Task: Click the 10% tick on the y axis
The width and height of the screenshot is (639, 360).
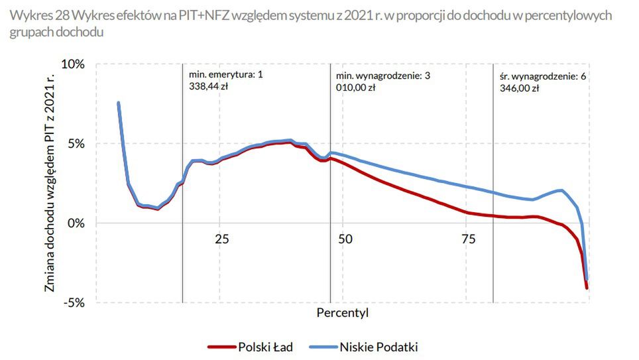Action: [74, 64]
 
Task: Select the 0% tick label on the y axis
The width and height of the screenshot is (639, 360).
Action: [78, 223]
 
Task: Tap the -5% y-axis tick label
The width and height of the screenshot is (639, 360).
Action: [76, 303]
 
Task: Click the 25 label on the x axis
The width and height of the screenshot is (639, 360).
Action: [221, 239]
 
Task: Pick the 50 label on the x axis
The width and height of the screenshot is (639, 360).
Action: [345, 239]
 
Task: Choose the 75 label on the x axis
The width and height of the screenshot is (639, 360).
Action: [468, 239]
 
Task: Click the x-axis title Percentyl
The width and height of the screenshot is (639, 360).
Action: [343, 312]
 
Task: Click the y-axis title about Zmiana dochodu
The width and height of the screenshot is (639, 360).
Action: [50, 184]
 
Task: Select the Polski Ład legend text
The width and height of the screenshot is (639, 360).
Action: [265, 346]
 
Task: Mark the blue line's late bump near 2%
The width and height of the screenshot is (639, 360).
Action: [561, 190]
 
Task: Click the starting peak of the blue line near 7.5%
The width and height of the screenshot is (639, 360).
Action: [119, 103]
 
